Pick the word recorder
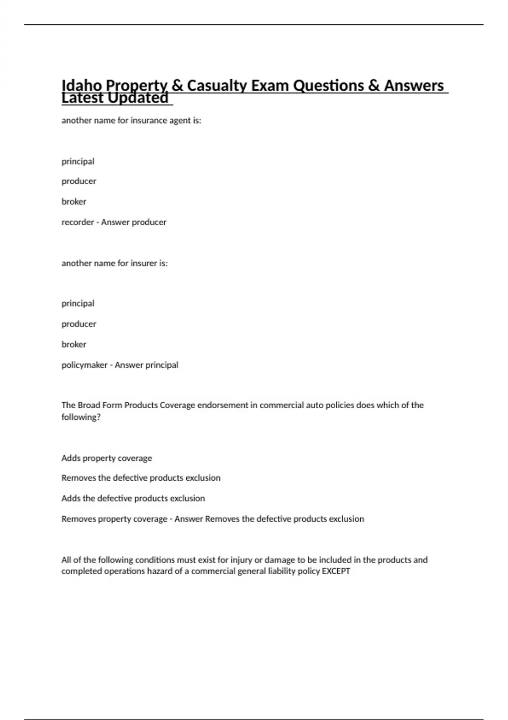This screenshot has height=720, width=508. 77,222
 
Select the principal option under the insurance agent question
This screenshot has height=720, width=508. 78,161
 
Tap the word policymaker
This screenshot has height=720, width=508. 84,365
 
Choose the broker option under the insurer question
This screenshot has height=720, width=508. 74,344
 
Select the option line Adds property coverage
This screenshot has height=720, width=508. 107,458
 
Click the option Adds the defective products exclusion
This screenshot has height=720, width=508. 133,498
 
